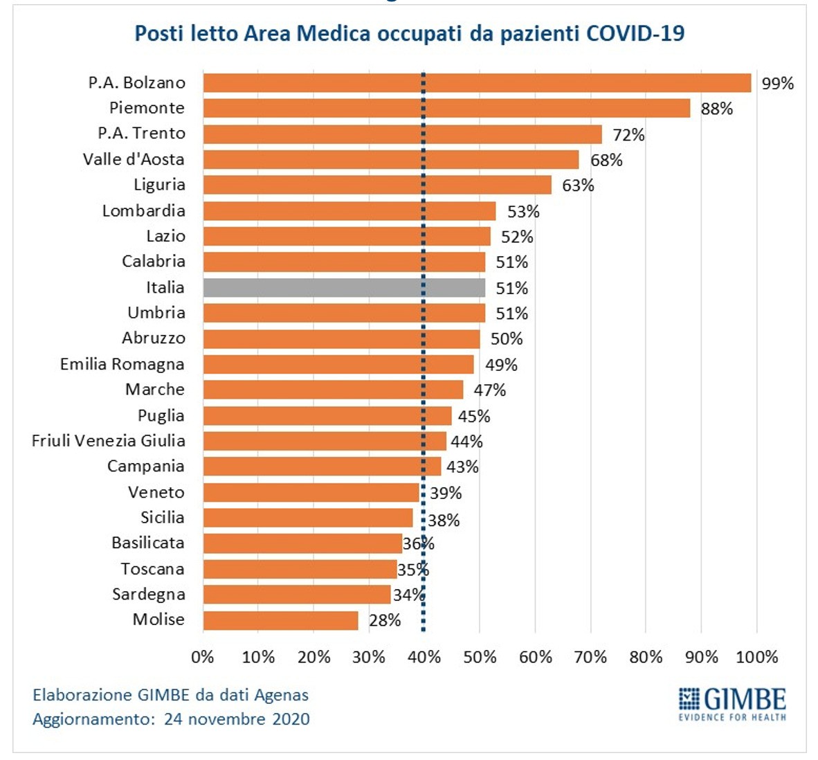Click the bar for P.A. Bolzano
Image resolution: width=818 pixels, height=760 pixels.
(x=477, y=83)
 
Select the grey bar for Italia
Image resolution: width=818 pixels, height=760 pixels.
(x=344, y=288)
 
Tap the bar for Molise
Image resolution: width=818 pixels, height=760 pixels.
(x=280, y=620)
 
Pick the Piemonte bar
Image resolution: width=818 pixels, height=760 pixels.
(x=446, y=109)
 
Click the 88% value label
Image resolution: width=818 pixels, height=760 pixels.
(x=716, y=109)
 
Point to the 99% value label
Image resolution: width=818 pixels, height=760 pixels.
(x=777, y=84)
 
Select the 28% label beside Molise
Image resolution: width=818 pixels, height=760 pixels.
(x=385, y=620)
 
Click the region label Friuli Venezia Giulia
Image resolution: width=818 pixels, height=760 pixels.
(x=109, y=441)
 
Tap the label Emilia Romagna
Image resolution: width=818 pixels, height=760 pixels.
(x=122, y=364)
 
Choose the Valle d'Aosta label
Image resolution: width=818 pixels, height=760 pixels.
(x=134, y=159)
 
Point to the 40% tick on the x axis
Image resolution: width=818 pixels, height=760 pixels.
(x=424, y=657)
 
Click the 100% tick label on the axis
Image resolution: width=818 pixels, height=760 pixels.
(x=756, y=657)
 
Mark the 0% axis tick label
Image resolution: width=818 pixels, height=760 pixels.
(x=203, y=657)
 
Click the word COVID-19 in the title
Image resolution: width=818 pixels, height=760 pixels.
(x=635, y=33)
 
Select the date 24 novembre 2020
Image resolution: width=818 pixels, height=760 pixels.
(x=237, y=719)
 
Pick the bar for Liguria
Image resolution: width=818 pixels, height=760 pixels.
(x=377, y=185)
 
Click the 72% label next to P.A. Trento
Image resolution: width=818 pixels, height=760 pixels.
(x=628, y=134)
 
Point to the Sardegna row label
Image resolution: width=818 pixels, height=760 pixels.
(x=149, y=595)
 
